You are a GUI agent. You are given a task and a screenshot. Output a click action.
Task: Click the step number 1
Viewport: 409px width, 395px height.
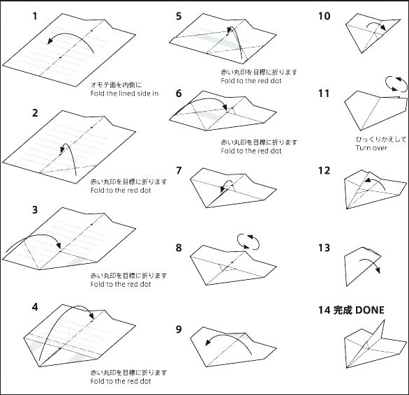(x=35, y=16)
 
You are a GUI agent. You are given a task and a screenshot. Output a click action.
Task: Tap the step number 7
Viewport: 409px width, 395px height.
(x=179, y=170)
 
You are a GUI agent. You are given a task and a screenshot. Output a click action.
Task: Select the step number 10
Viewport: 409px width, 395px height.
(x=325, y=16)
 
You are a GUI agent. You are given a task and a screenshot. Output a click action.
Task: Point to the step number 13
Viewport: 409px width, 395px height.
(x=325, y=248)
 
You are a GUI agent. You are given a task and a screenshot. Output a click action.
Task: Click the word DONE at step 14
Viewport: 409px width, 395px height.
(x=370, y=310)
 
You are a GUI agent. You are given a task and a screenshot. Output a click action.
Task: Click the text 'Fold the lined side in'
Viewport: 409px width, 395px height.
(x=124, y=94)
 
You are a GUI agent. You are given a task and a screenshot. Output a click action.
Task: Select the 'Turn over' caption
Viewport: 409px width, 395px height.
(x=371, y=148)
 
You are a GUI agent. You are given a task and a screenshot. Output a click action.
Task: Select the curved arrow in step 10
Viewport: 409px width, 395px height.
(x=376, y=23)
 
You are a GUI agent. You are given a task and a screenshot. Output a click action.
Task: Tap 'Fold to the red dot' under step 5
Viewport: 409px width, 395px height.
(x=251, y=81)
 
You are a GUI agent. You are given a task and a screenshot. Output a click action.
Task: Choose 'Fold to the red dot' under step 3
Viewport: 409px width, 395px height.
(x=121, y=284)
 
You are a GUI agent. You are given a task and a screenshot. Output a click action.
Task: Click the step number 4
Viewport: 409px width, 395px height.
(x=35, y=307)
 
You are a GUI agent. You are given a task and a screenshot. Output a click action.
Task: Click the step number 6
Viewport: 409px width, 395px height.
(x=179, y=93)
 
